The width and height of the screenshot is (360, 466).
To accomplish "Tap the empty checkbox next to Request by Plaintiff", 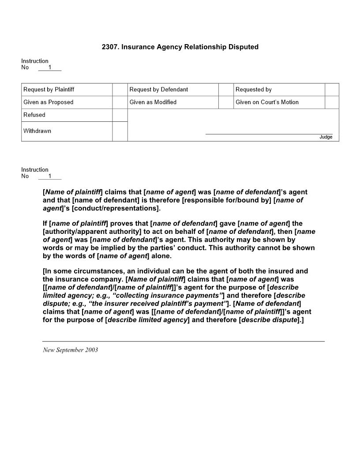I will click(x=120, y=90).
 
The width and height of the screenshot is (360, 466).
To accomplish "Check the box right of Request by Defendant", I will click(x=225, y=90).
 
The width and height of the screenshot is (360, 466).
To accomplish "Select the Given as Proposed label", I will click(x=49, y=102).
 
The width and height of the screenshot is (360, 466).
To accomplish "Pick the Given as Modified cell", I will click(x=153, y=102).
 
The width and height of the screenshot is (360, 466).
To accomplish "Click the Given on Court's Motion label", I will click(x=267, y=102).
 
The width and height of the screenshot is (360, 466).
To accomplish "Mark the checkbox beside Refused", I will click(x=120, y=115).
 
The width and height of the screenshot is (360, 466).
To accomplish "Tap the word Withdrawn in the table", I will click(x=37, y=131).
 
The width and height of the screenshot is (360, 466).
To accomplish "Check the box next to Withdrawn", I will click(x=120, y=132).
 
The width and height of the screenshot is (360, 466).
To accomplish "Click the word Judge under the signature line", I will click(x=326, y=137).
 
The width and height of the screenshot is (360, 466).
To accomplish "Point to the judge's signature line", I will click(x=269, y=133).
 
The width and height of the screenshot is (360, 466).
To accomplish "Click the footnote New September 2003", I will click(x=70, y=350).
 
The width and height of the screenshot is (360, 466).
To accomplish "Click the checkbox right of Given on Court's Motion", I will click(x=332, y=102).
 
